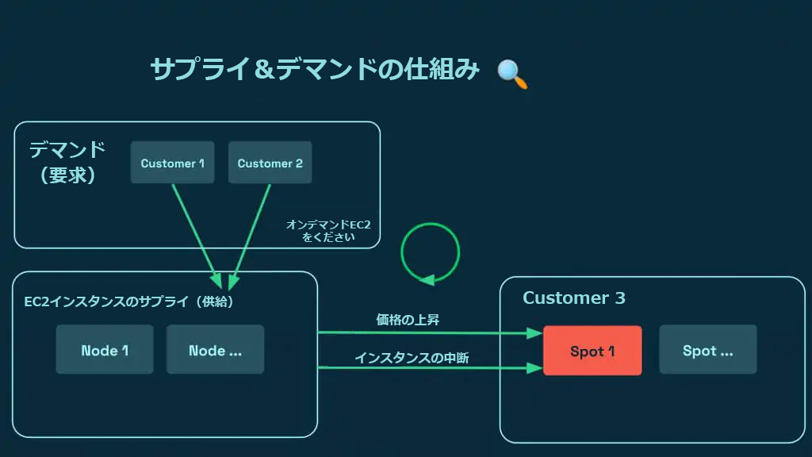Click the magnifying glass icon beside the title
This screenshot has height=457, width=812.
pyautogui.click(x=511, y=73)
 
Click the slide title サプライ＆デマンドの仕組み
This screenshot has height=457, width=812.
pyautogui.click(x=315, y=70)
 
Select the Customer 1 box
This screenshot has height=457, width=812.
pyautogui.click(x=172, y=163)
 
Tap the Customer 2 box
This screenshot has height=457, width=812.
pyautogui.click(x=270, y=163)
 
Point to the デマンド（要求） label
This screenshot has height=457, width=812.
pyautogui.click(x=67, y=162)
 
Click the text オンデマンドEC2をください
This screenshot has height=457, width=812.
pyautogui.click(x=328, y=231)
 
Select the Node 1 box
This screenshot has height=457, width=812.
pyautogui.click(x=105, y=350)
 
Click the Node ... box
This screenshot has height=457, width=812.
pyautogui.click(x=215, y=350)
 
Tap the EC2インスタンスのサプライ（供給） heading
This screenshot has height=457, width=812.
pyautogui.click(x=129, y=302)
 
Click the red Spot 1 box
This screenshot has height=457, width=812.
pyautogui.click(x=592, y=350)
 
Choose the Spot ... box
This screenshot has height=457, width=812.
pyautogui.click(x=707, y=350)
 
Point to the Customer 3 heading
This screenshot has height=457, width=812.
pyautogui.click(x=573, y=298)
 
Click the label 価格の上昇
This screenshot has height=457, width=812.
pyautogui.click(x=408, y=320)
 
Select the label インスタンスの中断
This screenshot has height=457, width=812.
pyautogui.click(x=412, y=358)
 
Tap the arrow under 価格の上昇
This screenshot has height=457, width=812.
pyautogui.click(x=428, y=333)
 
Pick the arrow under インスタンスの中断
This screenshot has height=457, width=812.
pyautogui.click(x=428, y=367)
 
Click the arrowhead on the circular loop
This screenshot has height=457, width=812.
pyautogui.click(x=427, y=279)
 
